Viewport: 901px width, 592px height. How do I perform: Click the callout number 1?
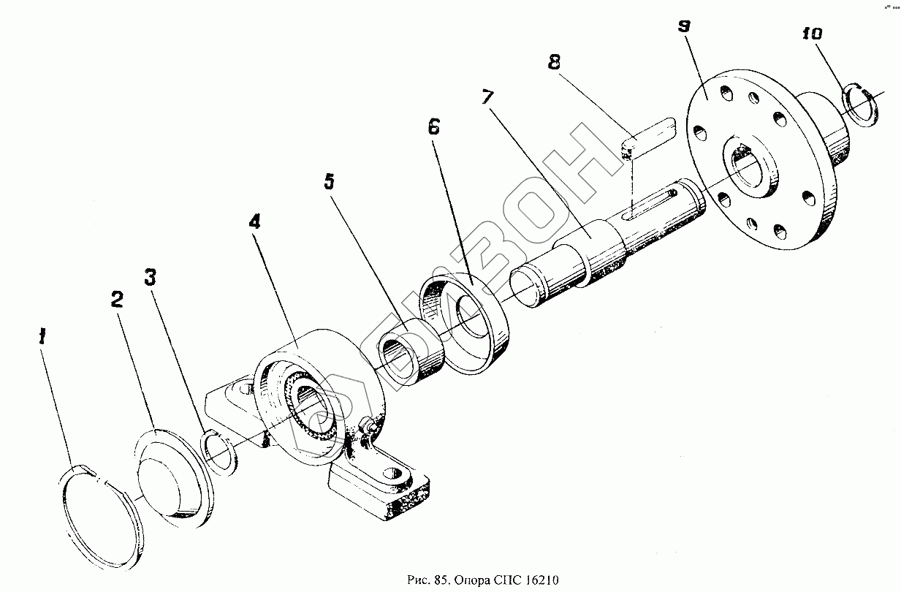point(43,337)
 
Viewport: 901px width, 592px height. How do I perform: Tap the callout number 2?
point(117,300)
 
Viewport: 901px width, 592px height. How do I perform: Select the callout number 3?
point(150,277)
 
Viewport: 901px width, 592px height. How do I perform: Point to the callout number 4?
point(254,222)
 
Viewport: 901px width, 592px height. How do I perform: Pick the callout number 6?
point(433,127)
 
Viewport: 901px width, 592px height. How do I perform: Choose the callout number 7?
point(487,96)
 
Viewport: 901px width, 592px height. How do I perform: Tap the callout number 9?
point(683,26)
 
